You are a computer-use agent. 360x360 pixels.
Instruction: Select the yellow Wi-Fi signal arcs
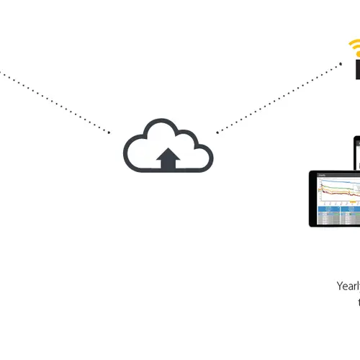click(x=354, y=48)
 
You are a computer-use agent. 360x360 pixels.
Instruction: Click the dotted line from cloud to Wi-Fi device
click(x=281, y=97)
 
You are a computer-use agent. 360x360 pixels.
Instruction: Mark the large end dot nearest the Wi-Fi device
click(x=341, y=63)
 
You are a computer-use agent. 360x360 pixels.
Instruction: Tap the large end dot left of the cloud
click(x=109, y=132)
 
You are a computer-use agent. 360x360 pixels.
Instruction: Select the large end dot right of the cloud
click(x=217, y=132)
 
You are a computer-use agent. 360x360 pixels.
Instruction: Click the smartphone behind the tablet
click(x=356, y=151)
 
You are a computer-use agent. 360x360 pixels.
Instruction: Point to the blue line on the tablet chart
click(x=338, y=182)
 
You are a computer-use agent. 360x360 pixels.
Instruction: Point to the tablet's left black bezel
click(x=312, y=198)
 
